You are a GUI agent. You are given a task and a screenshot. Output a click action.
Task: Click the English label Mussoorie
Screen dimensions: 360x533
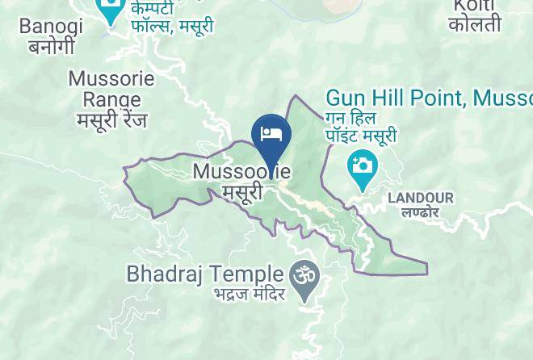click(241, 172)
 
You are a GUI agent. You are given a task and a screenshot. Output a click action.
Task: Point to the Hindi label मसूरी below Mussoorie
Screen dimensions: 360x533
click(242, 192)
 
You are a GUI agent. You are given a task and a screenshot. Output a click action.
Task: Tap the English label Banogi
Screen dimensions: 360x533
click(51, 26)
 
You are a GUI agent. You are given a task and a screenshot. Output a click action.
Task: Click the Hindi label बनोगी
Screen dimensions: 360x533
click(51, 46)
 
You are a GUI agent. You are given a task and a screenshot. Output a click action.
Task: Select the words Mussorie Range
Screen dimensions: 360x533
click(105, 89)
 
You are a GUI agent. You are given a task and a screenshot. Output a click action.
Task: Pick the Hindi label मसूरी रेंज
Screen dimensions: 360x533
click(112, 120)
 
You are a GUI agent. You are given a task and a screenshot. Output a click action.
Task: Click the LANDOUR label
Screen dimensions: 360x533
click(421, 198)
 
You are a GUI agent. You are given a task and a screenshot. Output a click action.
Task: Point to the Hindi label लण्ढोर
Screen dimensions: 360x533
click(420, 212)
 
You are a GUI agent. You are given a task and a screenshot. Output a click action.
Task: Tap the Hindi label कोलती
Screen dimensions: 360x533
click(476, 25)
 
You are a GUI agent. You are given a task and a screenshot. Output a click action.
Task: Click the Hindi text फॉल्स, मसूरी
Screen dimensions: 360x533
click(172, 26)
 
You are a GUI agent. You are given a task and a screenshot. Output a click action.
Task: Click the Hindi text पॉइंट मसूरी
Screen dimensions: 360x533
click(360, 136)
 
